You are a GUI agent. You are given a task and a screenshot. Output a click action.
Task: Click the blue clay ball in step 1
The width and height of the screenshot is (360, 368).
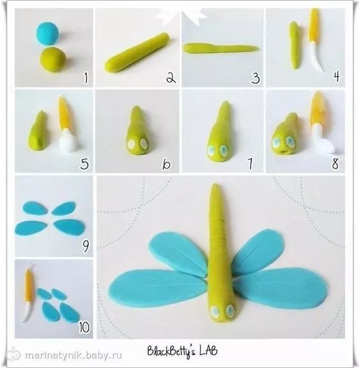pos(48,33)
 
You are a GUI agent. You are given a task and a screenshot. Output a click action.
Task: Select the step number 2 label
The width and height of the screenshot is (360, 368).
pos(171,78)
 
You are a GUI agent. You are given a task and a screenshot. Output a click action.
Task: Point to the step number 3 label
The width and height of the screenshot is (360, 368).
pos(255,78)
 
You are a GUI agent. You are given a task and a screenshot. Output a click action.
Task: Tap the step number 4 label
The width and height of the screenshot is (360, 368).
pos(337,76)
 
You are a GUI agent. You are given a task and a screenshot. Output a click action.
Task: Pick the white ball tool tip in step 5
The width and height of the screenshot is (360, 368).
pos(68,141)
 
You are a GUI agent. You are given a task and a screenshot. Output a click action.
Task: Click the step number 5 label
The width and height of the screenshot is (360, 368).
pos(84,164)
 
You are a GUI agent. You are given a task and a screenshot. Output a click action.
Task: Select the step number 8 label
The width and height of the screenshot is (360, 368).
pos(335,164)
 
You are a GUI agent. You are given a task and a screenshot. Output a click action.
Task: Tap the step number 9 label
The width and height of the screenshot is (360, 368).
pos(86,246)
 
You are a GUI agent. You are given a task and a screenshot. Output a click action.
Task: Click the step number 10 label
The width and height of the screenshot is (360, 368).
pos(84,327)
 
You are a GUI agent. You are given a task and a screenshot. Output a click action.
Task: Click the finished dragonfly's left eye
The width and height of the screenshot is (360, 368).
pos(215,311)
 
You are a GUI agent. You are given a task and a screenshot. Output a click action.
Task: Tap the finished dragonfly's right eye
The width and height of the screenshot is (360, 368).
pos(230,310)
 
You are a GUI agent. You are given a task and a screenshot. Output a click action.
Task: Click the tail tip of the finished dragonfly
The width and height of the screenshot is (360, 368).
pos(216,185)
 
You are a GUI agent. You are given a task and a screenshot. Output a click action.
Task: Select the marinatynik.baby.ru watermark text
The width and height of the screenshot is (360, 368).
pos(73,356)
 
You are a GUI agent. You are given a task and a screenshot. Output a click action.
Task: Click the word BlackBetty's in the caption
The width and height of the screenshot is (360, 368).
pos(172,351)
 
